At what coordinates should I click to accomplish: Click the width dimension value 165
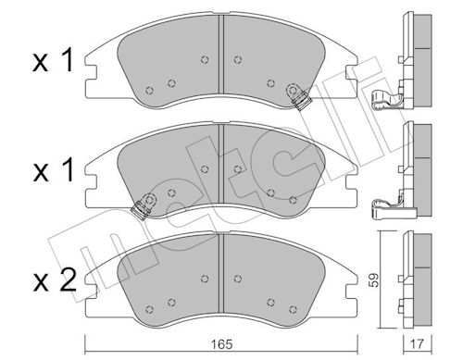tap(222, 344)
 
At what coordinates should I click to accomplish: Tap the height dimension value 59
tap(374, 280)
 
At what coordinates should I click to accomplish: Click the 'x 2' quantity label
tap(55, 280)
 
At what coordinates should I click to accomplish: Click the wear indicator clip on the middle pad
tap(144, 205)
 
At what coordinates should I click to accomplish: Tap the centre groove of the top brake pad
tap(220, 55)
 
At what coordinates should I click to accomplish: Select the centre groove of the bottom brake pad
tap(220, 273)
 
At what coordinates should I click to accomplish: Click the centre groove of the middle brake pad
tap(220, 164)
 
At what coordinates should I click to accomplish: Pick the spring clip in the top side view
tap(387, 100)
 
